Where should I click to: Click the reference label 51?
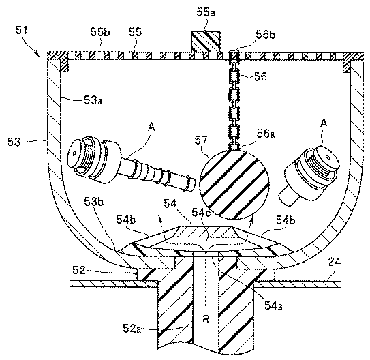(x=22, y=30)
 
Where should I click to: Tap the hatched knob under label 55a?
(x=206, y=42)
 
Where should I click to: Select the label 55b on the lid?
(x=100, y=32)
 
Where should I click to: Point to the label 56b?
(x=266, y=35)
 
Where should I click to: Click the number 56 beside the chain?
(x=260, y=77)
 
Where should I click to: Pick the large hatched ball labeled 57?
(x=234, y=184)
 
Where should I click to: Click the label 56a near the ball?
(x=266, y=134)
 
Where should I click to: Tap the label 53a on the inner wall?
(x=93, y=101)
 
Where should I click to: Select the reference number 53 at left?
(x=14, y=142)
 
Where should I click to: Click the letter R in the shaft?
(x=206, y=320)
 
